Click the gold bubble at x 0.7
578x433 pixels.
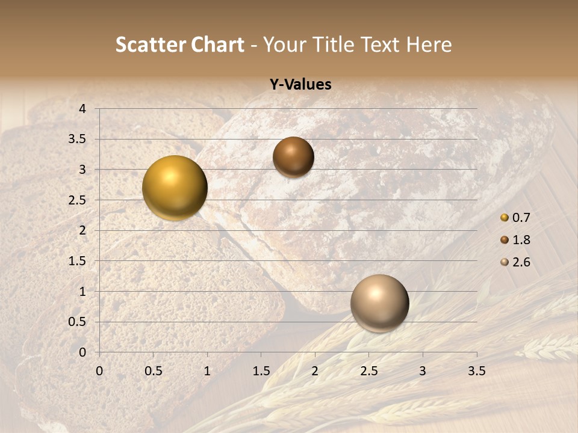click(175, 188)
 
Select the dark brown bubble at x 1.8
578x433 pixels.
click(293, 157)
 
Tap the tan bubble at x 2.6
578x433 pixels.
click(379, 303)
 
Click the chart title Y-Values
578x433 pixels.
click(300, 85)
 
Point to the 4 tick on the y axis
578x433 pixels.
click(82, 109)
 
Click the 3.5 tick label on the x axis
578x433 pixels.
click(476, 371)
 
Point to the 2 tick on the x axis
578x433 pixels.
click(315, 371)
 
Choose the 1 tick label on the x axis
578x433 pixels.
click(207, 371)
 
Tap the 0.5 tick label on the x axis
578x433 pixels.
click(154, 371)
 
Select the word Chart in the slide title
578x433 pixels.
click(218, 45)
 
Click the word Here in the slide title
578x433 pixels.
click(429, 45)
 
